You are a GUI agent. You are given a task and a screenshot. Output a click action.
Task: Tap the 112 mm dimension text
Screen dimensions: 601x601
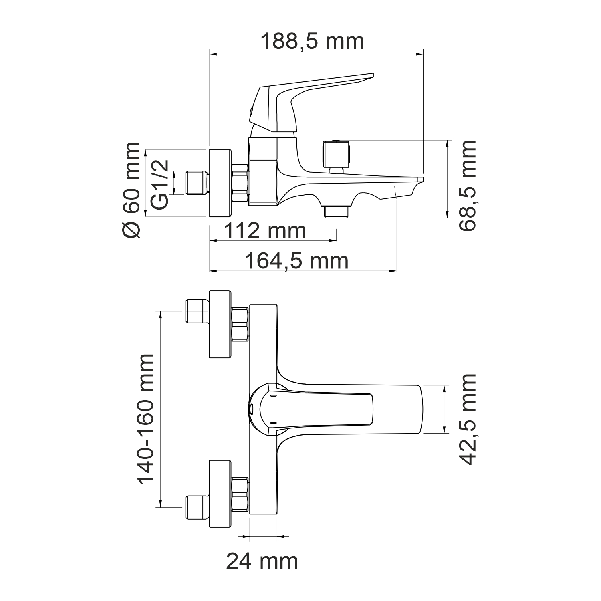(265, 231)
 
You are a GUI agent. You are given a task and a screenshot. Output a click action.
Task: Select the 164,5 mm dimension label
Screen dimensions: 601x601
(296, 261)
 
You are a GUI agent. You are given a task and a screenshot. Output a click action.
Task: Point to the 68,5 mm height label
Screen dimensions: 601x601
(468, 186)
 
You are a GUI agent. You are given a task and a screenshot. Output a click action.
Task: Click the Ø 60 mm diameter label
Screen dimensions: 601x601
(132, 190)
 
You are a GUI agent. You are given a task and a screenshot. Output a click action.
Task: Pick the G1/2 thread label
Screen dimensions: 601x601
(160, 184)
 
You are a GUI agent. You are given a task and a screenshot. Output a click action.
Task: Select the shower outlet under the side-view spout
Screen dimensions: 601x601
(337, 212)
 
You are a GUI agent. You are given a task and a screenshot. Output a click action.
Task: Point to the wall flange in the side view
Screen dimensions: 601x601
(220, 183)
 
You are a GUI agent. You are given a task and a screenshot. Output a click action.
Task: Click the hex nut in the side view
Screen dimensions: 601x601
(240, 183)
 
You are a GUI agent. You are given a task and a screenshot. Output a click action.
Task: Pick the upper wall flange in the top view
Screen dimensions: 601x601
(220, 324)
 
